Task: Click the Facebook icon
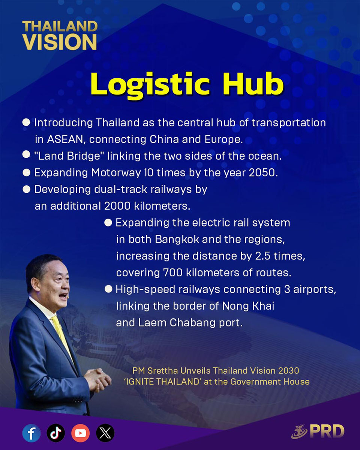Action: click(31, 433)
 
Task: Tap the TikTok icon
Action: click(56, 433)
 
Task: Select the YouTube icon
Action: click(81, 433)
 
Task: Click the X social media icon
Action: click(105, 433)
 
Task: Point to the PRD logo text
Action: click(327, 431)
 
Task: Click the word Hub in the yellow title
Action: click(253, 84)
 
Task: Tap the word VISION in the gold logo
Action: click(60, 42)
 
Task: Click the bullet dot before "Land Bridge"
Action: click(26, 154)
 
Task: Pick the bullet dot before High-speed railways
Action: click(108, 289)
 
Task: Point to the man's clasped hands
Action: click(97, 379)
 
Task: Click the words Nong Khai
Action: click(248, 306)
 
